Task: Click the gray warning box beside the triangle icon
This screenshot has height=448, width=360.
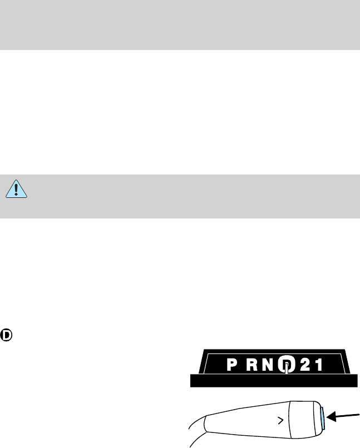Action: (189, 195)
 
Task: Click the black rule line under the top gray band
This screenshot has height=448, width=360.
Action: (180, 50)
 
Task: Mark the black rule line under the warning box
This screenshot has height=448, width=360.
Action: (180, 218)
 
